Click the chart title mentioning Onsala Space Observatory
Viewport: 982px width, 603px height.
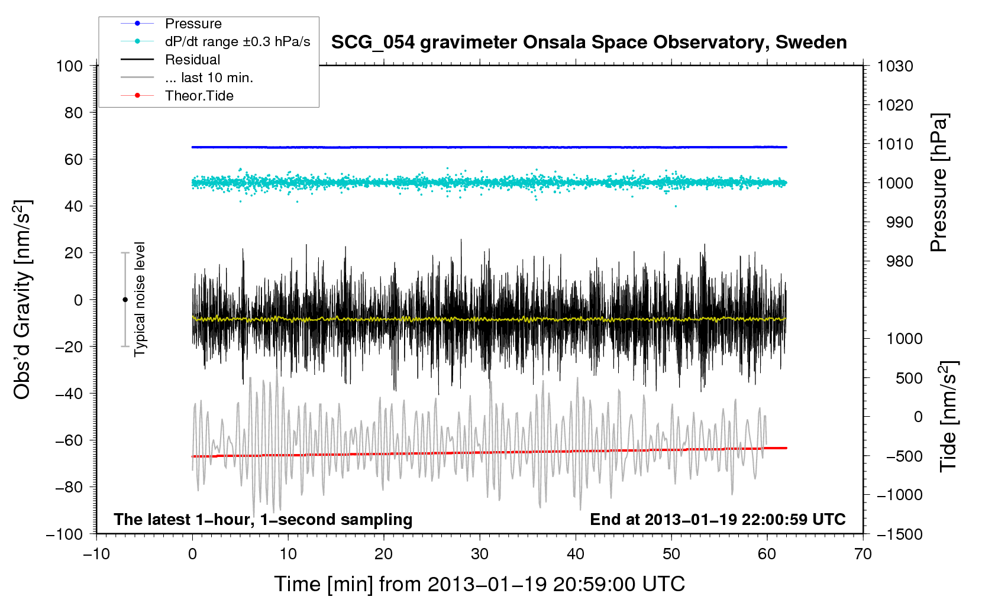point(589,43)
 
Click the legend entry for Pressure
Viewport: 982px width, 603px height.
point(193,23)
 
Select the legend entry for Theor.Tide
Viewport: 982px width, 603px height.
point(199,96)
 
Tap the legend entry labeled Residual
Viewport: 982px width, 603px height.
point(192,60)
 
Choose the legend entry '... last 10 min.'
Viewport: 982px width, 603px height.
point(209,77)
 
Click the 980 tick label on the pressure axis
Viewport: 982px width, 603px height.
point(900,261)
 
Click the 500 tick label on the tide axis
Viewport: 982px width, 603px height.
point(909,378)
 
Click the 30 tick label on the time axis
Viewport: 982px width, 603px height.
point(480,554)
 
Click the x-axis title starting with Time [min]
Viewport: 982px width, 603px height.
point(480,584)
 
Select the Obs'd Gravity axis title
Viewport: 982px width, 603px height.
point(22,300)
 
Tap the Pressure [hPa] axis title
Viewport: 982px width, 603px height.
point(939,183)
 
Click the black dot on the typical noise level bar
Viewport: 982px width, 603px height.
point(125,300)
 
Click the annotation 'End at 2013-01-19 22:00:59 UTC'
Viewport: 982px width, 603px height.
point(718,519)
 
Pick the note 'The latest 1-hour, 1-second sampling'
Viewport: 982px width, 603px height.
point(263,519)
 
